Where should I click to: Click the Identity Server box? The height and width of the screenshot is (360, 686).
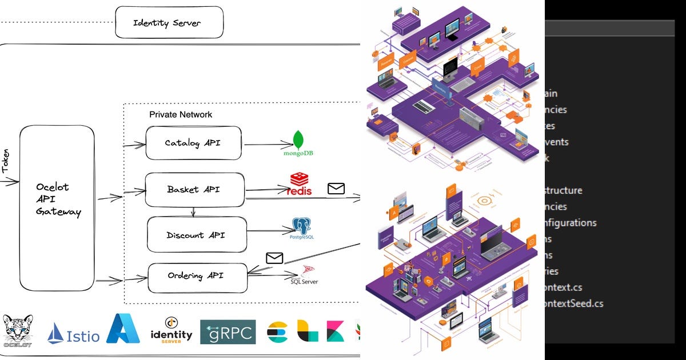pos(169,23)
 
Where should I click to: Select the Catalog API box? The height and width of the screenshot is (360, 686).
pos(193,143)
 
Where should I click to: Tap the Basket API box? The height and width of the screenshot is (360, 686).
pos(194,190)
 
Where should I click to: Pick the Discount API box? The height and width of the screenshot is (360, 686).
pos(197,235)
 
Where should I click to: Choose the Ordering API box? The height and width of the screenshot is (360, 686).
pos(197,277)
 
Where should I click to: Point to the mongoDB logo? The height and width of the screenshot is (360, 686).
pos(298,143)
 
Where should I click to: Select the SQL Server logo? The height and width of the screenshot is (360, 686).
pos(304,275)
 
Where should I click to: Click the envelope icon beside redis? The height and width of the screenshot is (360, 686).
pos(336,188)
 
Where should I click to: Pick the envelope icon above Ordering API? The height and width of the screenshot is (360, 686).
pos(274,258)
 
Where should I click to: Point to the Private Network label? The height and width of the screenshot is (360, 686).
pos(181,114)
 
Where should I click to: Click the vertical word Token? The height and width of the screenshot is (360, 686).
pos(6,162)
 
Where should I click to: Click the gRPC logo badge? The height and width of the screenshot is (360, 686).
pos(228,332)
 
